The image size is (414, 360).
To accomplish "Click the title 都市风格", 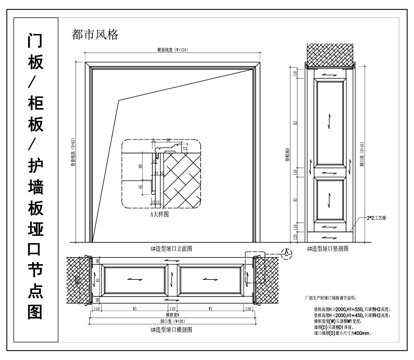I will pyautogui.click(x=95, y=33).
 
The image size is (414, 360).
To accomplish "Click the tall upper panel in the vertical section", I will pyautogui.click(x=330, y=120).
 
